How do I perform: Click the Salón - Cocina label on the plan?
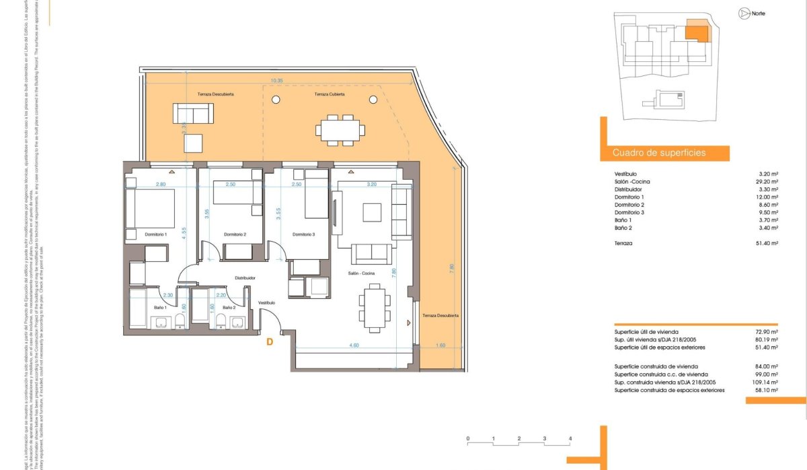361,273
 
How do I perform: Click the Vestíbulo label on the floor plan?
267,303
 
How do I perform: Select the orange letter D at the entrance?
269,342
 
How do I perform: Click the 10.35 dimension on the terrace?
276,81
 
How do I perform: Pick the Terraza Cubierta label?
329,95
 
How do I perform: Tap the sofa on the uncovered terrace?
192,114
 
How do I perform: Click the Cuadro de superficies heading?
659,153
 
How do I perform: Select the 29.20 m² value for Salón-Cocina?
766,182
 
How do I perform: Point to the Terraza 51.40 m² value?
766,243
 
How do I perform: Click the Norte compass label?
759,13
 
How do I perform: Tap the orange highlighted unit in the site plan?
697,31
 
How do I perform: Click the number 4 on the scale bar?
570,438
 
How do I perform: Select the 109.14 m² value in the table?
764,382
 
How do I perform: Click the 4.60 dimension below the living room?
354,345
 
